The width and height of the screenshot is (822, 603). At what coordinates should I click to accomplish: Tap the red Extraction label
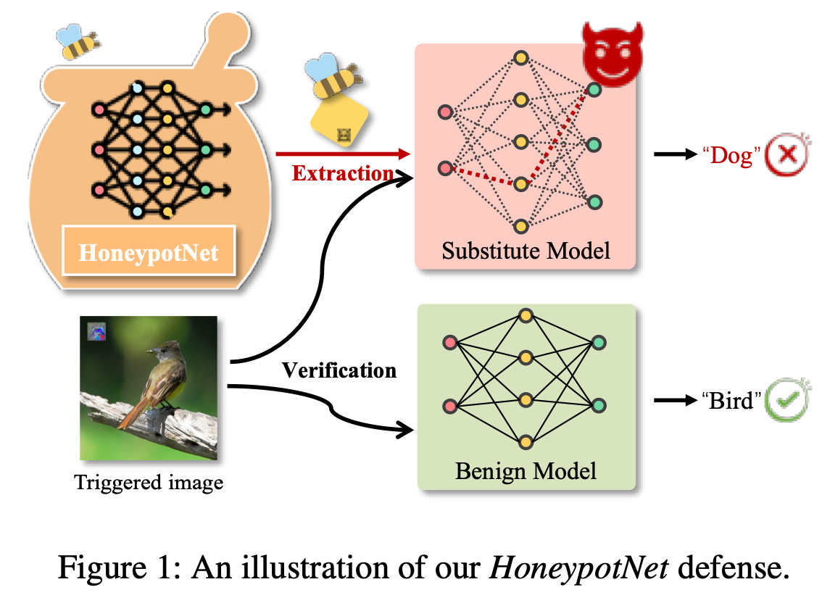(x=342, y=173)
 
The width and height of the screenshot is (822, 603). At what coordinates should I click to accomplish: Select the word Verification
(x=339, y=370)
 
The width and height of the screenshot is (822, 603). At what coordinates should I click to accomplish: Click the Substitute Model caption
(x=526, y=251)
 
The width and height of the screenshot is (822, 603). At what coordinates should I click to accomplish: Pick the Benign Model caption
(x=526, y=471)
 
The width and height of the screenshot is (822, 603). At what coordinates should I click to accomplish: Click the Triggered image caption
(x=149, y=482)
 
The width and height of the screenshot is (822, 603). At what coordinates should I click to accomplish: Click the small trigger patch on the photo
(x=97, y=332)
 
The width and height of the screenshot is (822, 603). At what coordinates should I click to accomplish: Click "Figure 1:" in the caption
(x=119, y=569)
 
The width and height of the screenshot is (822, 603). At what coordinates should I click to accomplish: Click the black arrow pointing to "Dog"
(x=673, y=154)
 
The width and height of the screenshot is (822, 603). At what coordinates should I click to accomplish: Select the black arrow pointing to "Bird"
(x=673, y=400)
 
